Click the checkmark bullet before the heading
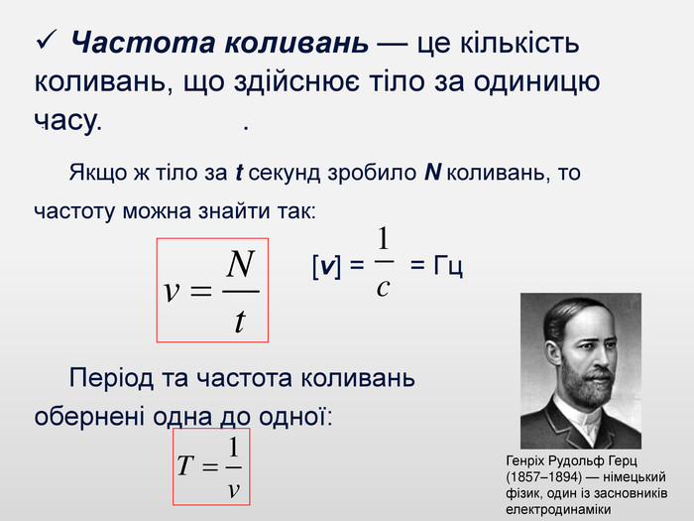(47, 40)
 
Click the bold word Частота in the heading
(144, 43)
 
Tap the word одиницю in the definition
(536, 82)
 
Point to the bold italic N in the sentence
(432, 173)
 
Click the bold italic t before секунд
(239, 173)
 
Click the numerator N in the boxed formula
(240, 264)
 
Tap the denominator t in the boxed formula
(240, 321)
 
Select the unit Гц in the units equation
(448, 266)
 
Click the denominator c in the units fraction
(383, 288)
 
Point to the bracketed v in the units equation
(326, 266)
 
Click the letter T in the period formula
(186, 465)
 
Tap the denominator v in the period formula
(234, 489)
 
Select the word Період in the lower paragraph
(111, 378)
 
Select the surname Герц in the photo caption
(623, 461)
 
